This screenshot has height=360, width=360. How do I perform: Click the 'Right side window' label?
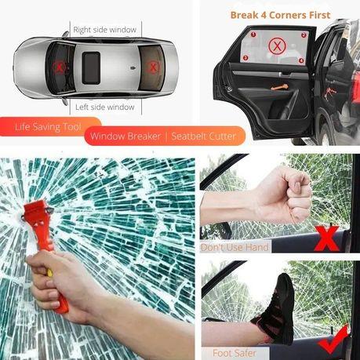104,30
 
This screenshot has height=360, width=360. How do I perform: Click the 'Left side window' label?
104,107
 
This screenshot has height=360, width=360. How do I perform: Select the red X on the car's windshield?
61,68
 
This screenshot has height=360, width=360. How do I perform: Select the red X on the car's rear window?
151,67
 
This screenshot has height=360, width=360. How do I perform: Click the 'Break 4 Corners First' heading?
279,13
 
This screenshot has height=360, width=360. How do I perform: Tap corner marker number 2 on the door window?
302,35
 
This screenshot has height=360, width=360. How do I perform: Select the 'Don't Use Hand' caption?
235,248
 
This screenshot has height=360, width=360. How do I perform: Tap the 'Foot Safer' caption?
235,352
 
